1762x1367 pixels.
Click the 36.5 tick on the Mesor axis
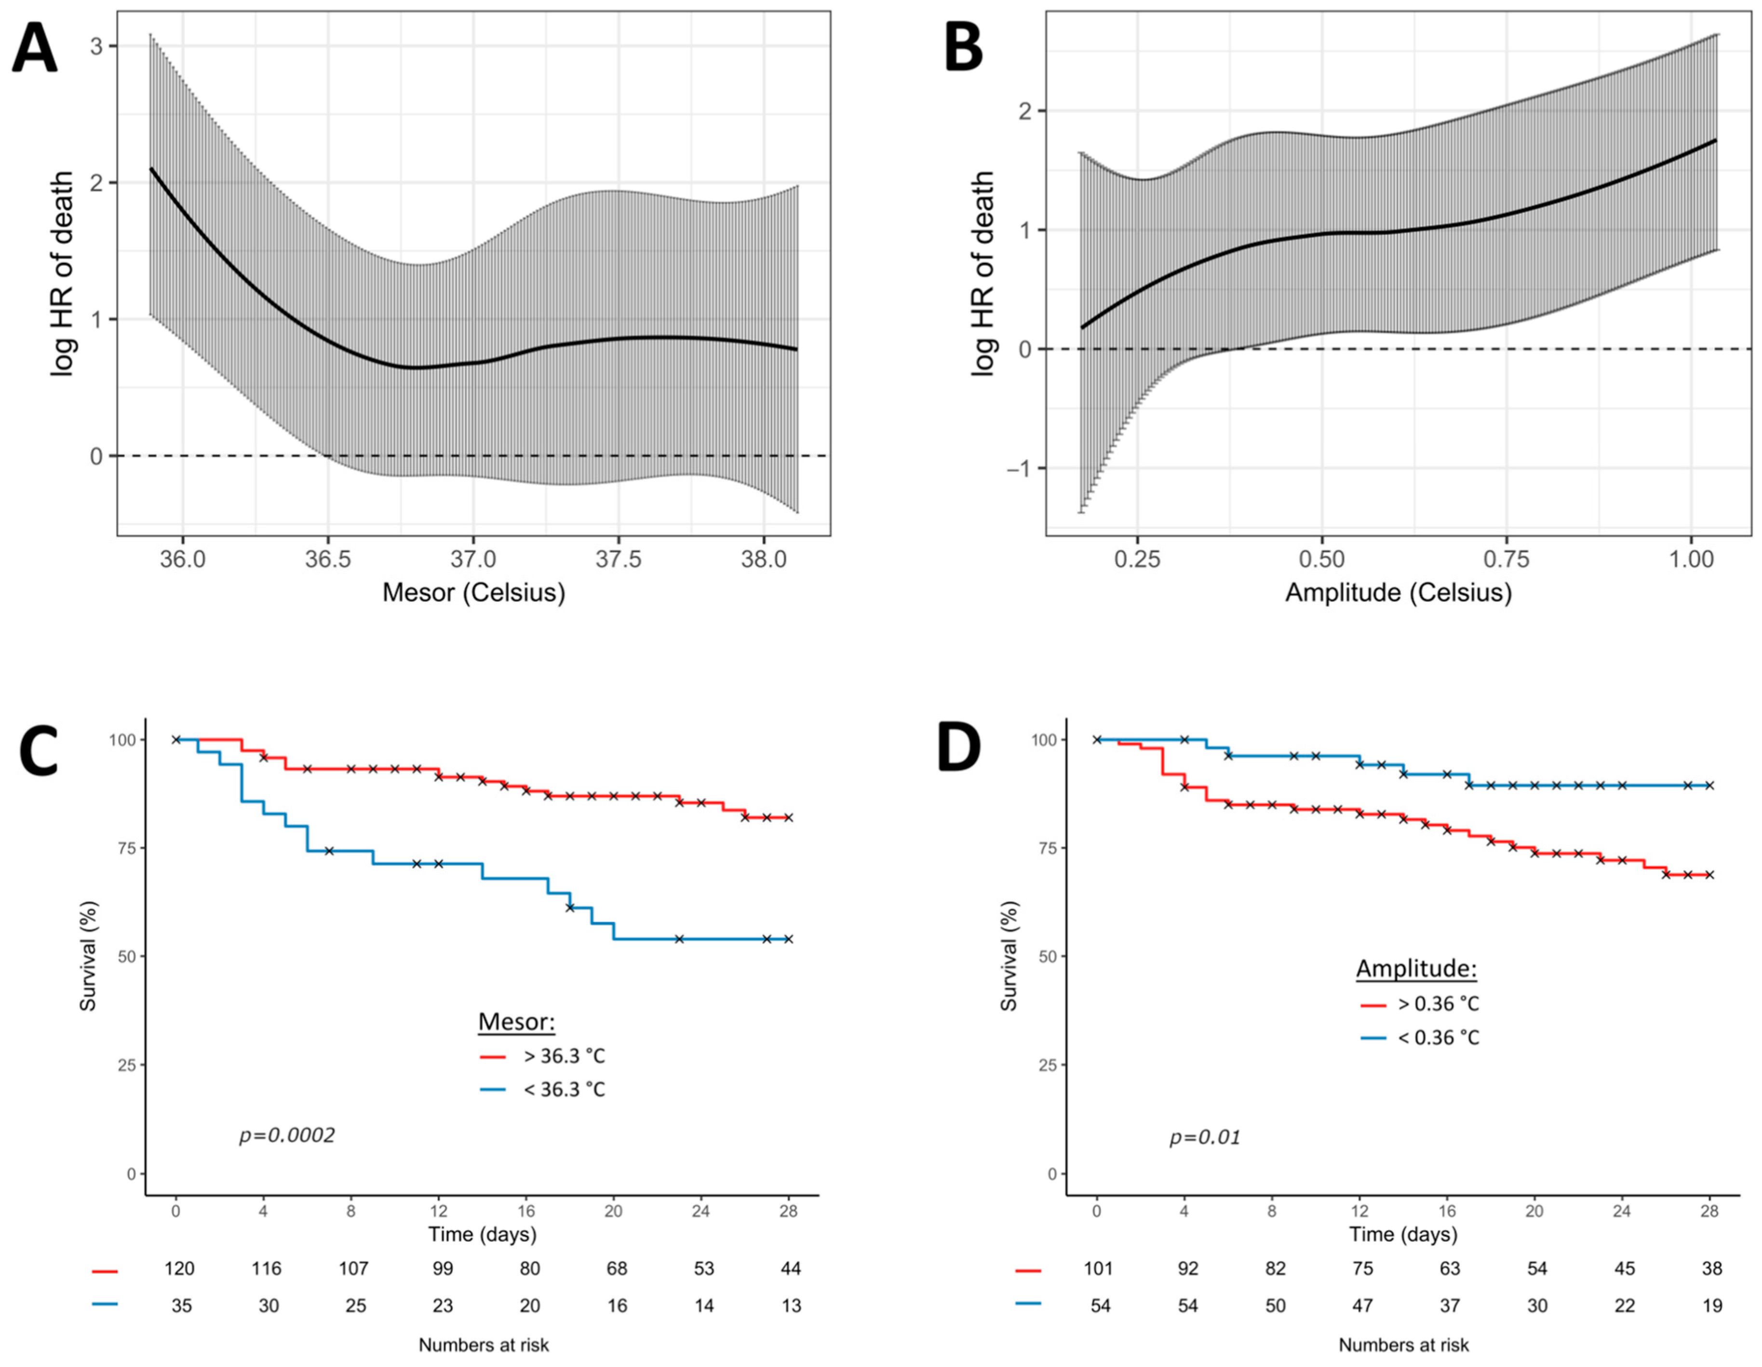point(327,559)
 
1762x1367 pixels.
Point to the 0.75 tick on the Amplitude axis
point(1506,559)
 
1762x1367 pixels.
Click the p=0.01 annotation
point(1205,1137)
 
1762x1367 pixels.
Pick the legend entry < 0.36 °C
point(1439,1037)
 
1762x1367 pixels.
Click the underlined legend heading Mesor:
point(516,1022)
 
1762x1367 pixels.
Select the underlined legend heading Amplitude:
point(1416,969)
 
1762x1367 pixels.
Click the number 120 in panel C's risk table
point(179,1269)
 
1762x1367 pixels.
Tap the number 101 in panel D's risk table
point(1098,1269)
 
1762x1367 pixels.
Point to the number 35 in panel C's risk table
point(182,1306)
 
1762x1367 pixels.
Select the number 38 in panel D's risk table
point(1712,1269)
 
